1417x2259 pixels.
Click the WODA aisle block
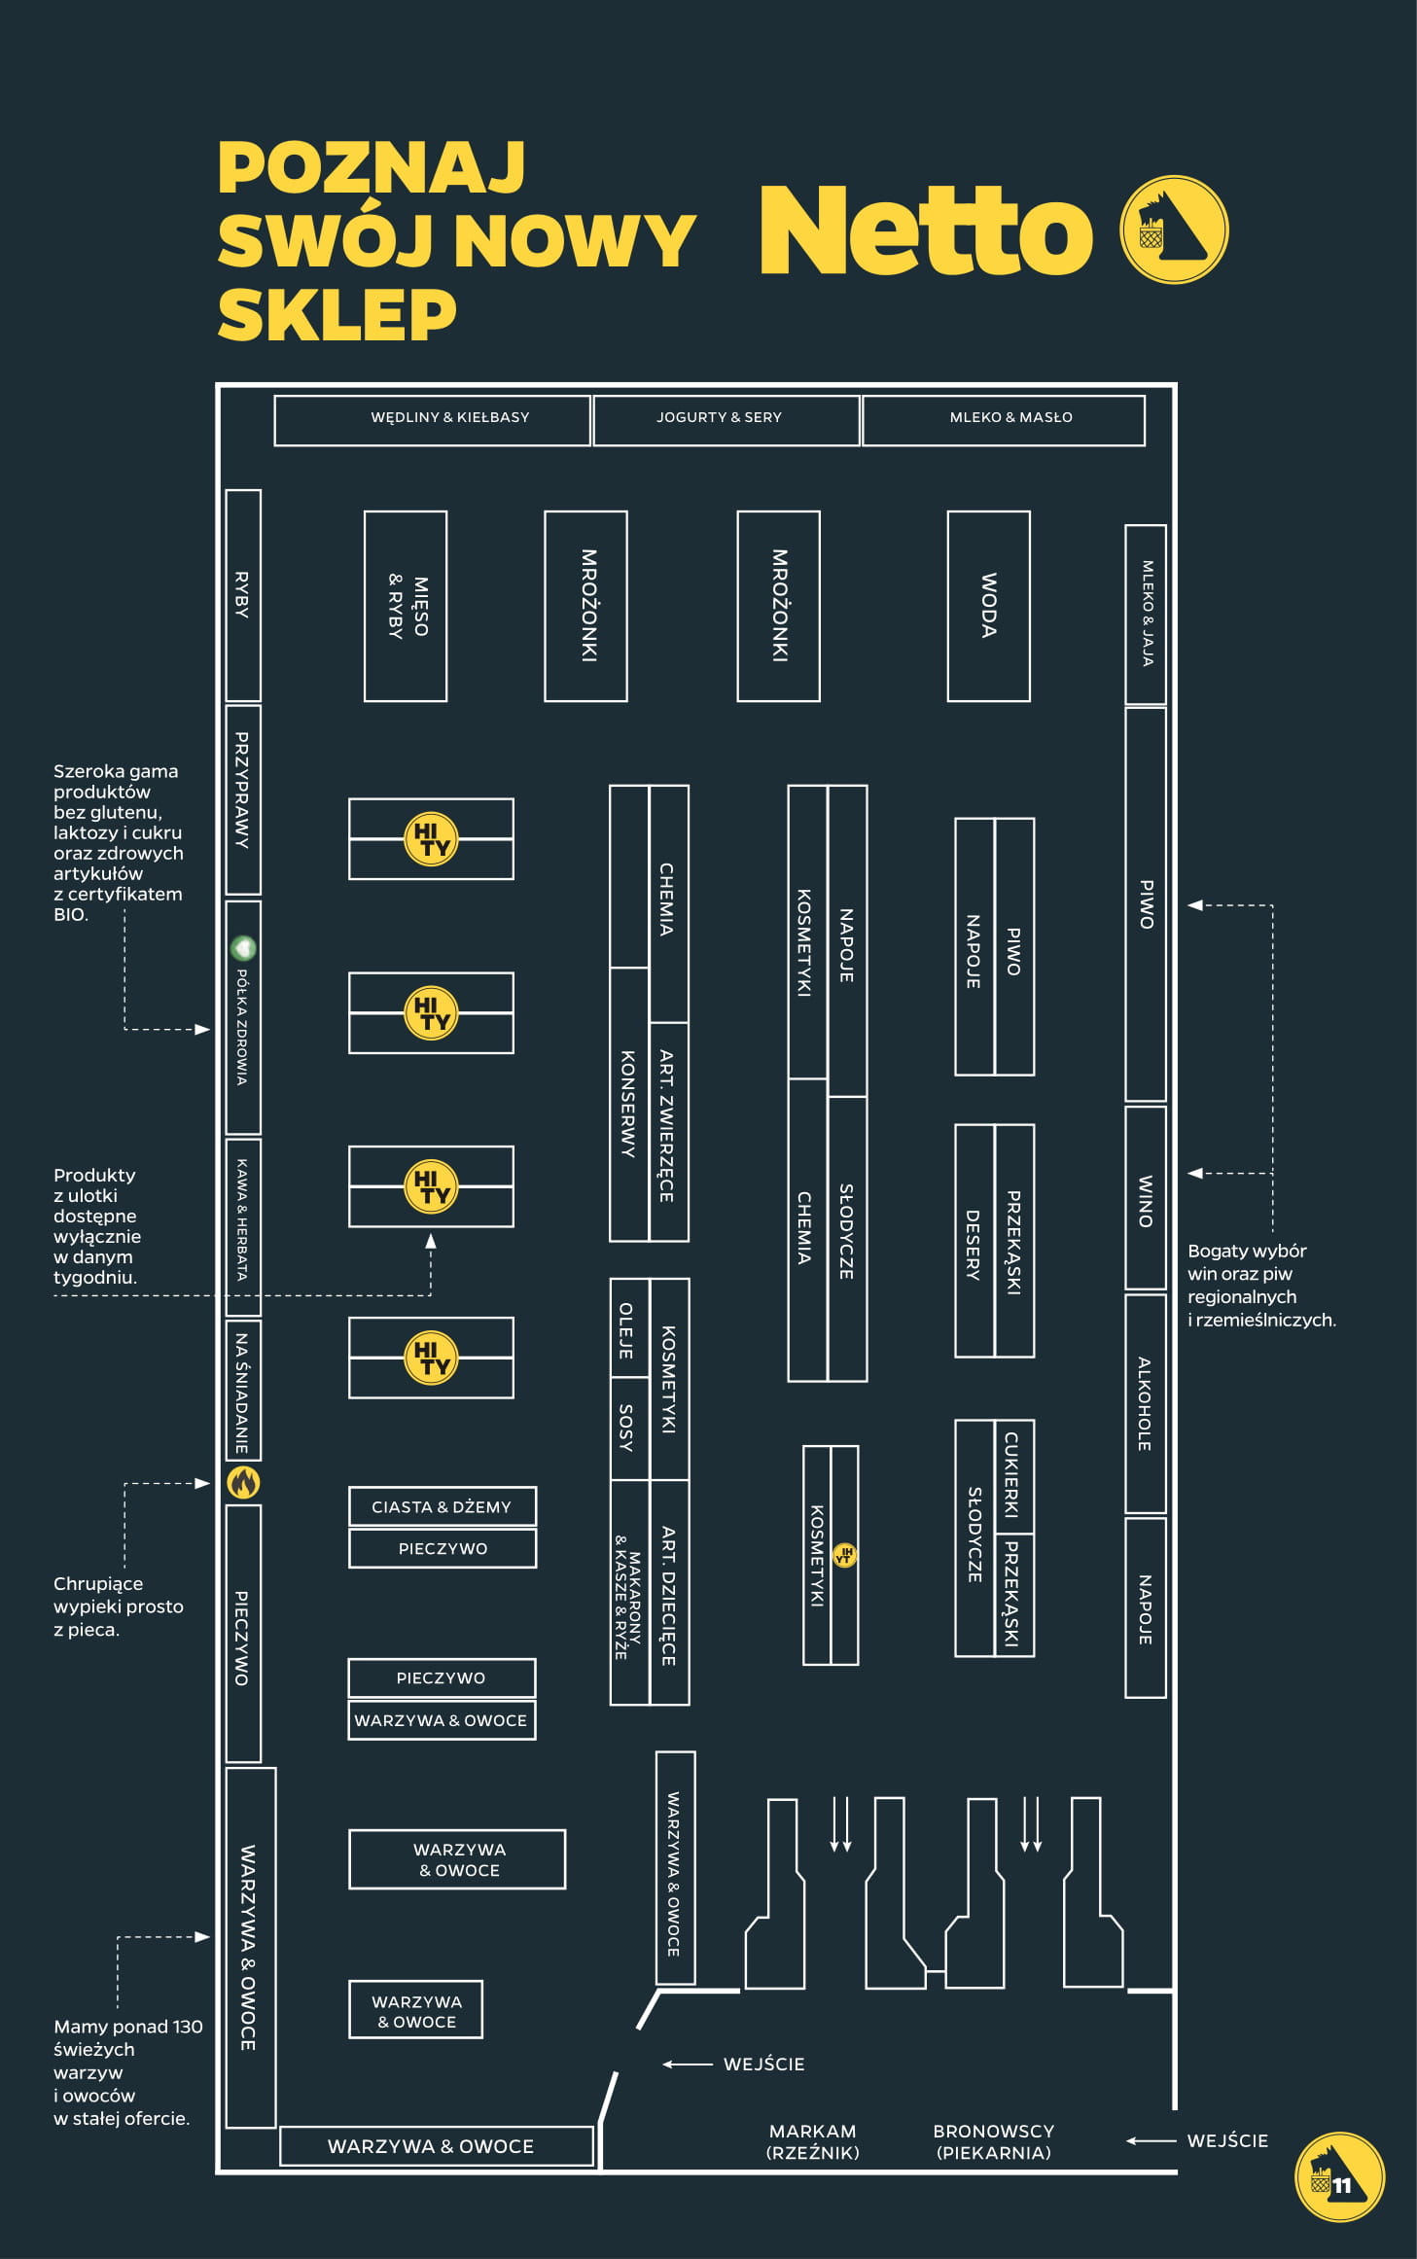click(988, 605)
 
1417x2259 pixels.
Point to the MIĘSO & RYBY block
click(406, 605)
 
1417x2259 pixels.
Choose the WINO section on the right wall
click(1145, 1198)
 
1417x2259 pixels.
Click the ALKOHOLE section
click(1145, 1403)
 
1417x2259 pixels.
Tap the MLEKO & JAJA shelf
click(1145, 614)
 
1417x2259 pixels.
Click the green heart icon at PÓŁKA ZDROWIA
click(243, 947)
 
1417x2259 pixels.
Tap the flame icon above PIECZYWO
click(243, 1482)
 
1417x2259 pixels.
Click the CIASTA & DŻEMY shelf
click(442, 1506)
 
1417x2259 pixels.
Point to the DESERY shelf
click(974, 1242)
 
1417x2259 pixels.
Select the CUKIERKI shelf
click(1013, 1474)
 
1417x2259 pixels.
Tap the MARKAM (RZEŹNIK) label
click(813, 2141)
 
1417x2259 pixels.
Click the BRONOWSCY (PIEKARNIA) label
click(993, 2141)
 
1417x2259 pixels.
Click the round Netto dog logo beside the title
click(1174, 229)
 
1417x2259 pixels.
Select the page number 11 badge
click(1339, 2177)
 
